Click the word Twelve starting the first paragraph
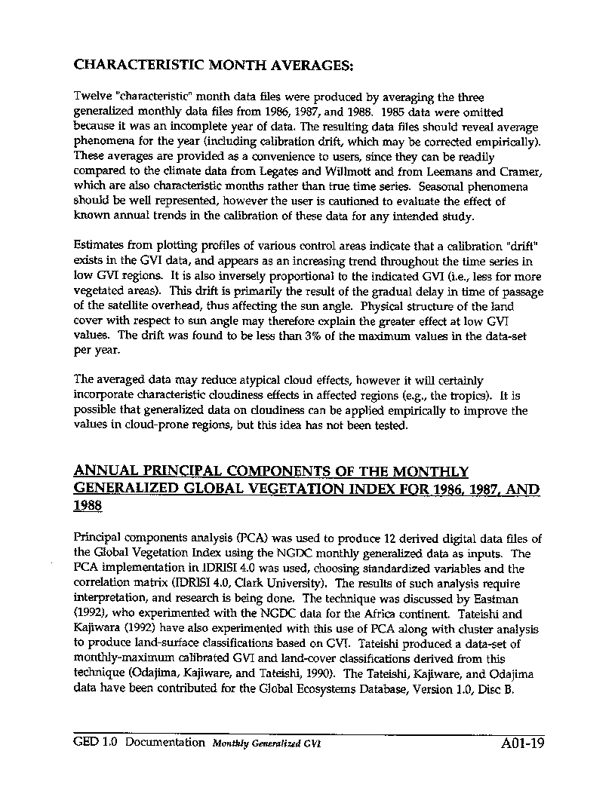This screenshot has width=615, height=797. pos(91,98)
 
